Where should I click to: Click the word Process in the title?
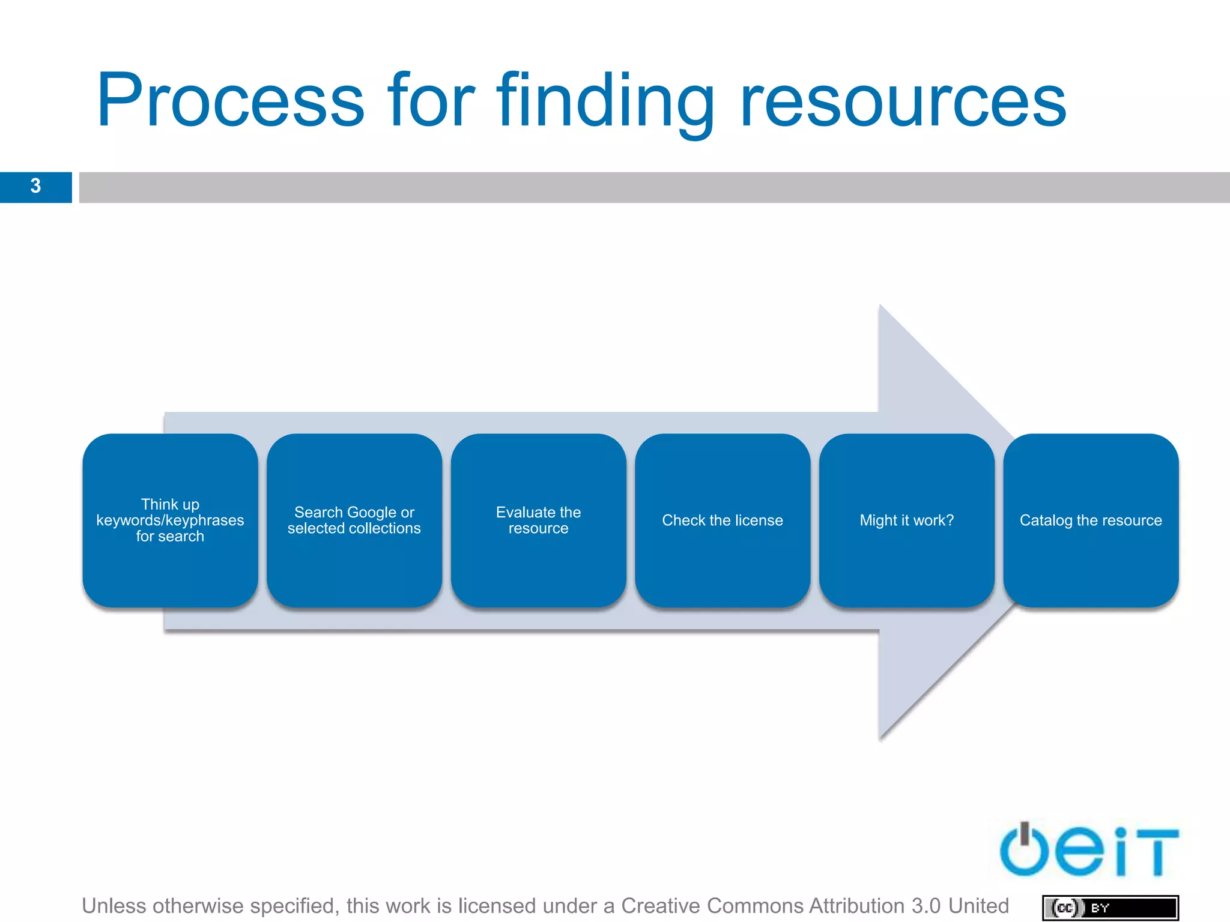coord(231,101)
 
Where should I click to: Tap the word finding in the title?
coord(605,101)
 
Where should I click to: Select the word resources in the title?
coord(903,101)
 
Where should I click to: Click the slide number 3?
coord(35,186)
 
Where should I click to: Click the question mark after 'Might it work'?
coord(949,520)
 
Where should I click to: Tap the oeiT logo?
coord(1088,851)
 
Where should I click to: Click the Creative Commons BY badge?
coord(1110,908)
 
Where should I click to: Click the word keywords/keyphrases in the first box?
coord(170,520)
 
